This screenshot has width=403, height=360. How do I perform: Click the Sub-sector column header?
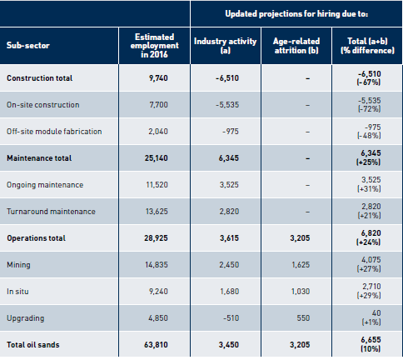[x=28, y=45]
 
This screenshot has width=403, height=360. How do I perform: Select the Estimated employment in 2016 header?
[x=154, y=46]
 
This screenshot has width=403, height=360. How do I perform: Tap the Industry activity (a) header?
[x=225, y=46]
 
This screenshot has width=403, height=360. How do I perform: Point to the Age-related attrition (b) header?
[x=296, y=46]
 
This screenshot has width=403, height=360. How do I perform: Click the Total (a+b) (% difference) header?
[x=367, y=46]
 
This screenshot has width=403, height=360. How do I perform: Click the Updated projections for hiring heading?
[x=296, y=13]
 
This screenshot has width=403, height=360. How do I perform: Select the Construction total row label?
[x=40, y=78]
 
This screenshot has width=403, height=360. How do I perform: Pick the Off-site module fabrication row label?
[x=54, y=132]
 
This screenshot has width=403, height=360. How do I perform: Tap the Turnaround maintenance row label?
[x=51, y=212]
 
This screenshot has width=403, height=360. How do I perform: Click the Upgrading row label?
[x=26, y=318]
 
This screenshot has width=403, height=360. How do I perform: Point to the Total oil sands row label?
[x=33, y=345]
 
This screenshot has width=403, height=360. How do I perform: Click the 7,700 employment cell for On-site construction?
[x=158, y=105]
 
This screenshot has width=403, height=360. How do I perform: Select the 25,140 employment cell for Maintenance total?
[x=156, y=158]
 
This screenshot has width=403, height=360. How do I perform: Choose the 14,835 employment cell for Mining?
[x=157, y=265]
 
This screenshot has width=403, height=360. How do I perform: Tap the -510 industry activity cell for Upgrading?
[x=231, y=318]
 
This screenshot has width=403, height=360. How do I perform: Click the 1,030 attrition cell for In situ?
[x=301, y=292]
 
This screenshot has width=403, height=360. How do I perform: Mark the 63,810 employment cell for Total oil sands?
[x=156, y=345]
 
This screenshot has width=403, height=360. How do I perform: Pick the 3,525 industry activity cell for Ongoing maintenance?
[x=229, y=185]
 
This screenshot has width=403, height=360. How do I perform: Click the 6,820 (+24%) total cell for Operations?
[x=369, y=237]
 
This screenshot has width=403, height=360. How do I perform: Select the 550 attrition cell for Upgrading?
[x=303, y=318]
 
